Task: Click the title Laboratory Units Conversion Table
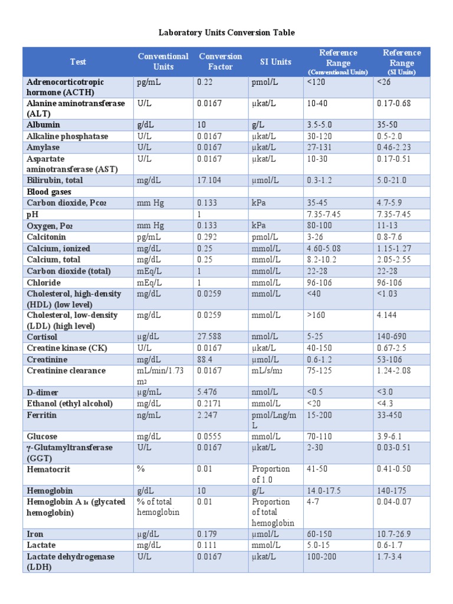(226, 32)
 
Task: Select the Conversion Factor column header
(220, 61)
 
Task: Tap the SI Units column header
(275, 61)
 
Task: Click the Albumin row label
(43, 125)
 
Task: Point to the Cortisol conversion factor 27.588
(211, 337)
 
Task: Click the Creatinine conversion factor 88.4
(205, 359)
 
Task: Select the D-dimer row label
(42, 392)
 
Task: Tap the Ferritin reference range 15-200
(320, 415)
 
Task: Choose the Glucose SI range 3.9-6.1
(390, 436)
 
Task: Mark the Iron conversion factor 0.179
(207, 534)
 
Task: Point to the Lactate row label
(41, 545)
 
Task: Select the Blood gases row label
(48, 192)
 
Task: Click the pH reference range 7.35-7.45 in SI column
(394, 214)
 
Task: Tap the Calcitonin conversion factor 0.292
(207, 237)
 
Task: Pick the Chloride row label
(42, 283)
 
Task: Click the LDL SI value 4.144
(388, 316)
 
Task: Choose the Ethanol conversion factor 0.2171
(209, 403)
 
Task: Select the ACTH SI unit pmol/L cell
(264, 82)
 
